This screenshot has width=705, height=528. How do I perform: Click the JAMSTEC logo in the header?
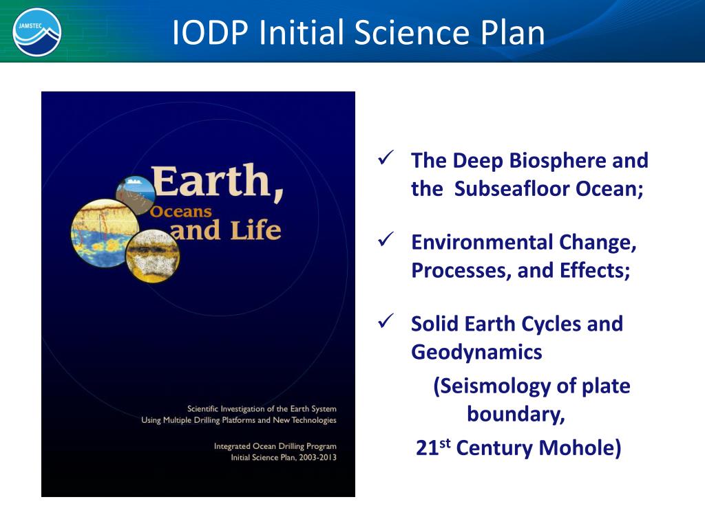point(37,32)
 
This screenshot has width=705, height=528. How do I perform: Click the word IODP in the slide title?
point(209,32)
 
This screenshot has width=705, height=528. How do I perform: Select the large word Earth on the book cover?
point(218,181)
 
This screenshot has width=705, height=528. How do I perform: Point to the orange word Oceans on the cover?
point(181,212)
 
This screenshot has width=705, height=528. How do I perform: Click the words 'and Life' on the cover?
point(226,230)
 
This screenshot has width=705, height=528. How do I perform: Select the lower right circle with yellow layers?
point(153,256)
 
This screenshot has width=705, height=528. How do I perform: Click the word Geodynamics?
point(476,352)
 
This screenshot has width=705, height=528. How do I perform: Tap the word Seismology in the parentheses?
point(494,386)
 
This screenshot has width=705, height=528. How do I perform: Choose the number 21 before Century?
point(428,449)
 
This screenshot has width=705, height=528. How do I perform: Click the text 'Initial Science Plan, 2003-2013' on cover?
point(283,457)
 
